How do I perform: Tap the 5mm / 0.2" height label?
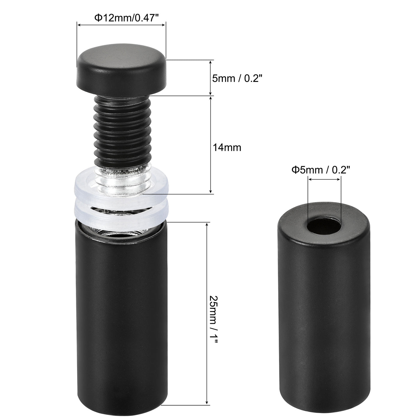pyautogui.click(x=237, y=79)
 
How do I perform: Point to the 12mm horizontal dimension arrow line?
pyautogui.click(x=121, y=25)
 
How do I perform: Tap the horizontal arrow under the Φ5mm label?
pyautogui.click(x=324, y=179)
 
